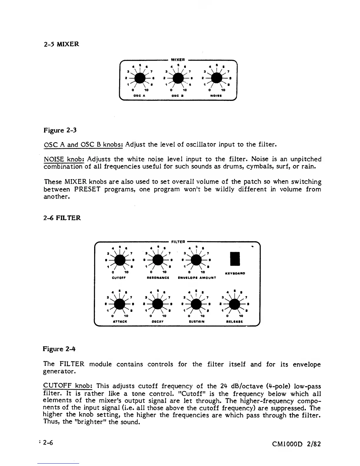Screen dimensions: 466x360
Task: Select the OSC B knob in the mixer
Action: tap(178, 78)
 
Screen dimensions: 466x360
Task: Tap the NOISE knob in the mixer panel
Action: tap(216, 78)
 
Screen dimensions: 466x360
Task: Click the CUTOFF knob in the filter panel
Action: tap(120, 260)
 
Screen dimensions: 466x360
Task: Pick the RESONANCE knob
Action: tap(158, 260)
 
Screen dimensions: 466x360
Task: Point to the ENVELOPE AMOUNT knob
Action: tap(196, 260)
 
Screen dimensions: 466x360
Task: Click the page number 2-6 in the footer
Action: tap(47, 442)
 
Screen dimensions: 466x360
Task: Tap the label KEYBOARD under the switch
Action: tap(235, 273)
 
